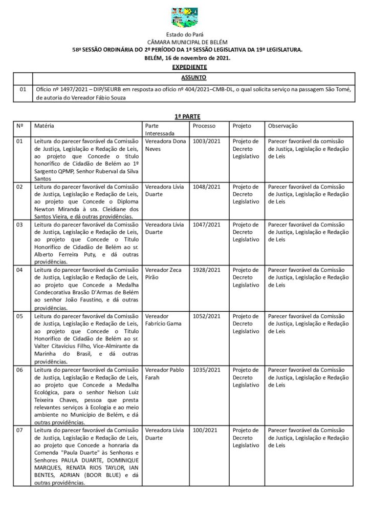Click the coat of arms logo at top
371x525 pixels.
[185, 17]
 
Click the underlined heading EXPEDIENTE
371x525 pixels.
[189, 67]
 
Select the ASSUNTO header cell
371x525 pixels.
[194, 77]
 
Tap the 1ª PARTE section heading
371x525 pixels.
[184, 117]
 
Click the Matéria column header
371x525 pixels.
[44, 126]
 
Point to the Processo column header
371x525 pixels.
[204, 126]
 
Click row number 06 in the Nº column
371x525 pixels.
[20, 370]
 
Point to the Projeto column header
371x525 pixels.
[242, 126]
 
